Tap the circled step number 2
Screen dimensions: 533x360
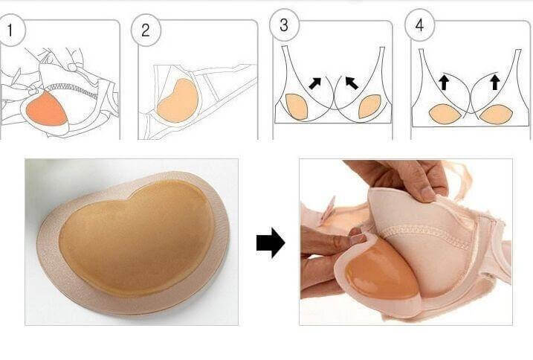pyautogui.click(x=146, y=30)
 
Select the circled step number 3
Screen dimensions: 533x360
pyautogui.click(x=284, y=25)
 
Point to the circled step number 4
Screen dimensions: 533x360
pyautogui.click(x=420, y=25)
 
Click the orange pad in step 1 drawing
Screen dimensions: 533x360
pyautogui.click(x=46, y=109)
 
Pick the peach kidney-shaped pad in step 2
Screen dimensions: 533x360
pyautogui.click(x=178, y=100)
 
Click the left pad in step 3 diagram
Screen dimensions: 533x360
pyautogui.click(x=297, y=106)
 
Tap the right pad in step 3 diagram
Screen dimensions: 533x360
pyautogui.click(x=370, y=106)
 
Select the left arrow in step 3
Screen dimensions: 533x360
pyautogui.click(x=314, y=83)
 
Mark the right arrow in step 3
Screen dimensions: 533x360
pyautogui.click(x=352, y=83)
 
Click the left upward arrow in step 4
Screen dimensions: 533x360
pyautogui.click(x=443, y=82)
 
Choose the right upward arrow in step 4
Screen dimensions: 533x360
pyautogui.click(x=495, y=82)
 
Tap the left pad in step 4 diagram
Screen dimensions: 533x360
pyautogui.click(x=445, y=115)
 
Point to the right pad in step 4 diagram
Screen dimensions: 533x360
pyautogui.click(x=495, y=115)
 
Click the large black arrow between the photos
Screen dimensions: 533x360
pyautogui.click(x=271, y=243)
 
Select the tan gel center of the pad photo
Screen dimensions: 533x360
pyautogui.click(x=137, y=238)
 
